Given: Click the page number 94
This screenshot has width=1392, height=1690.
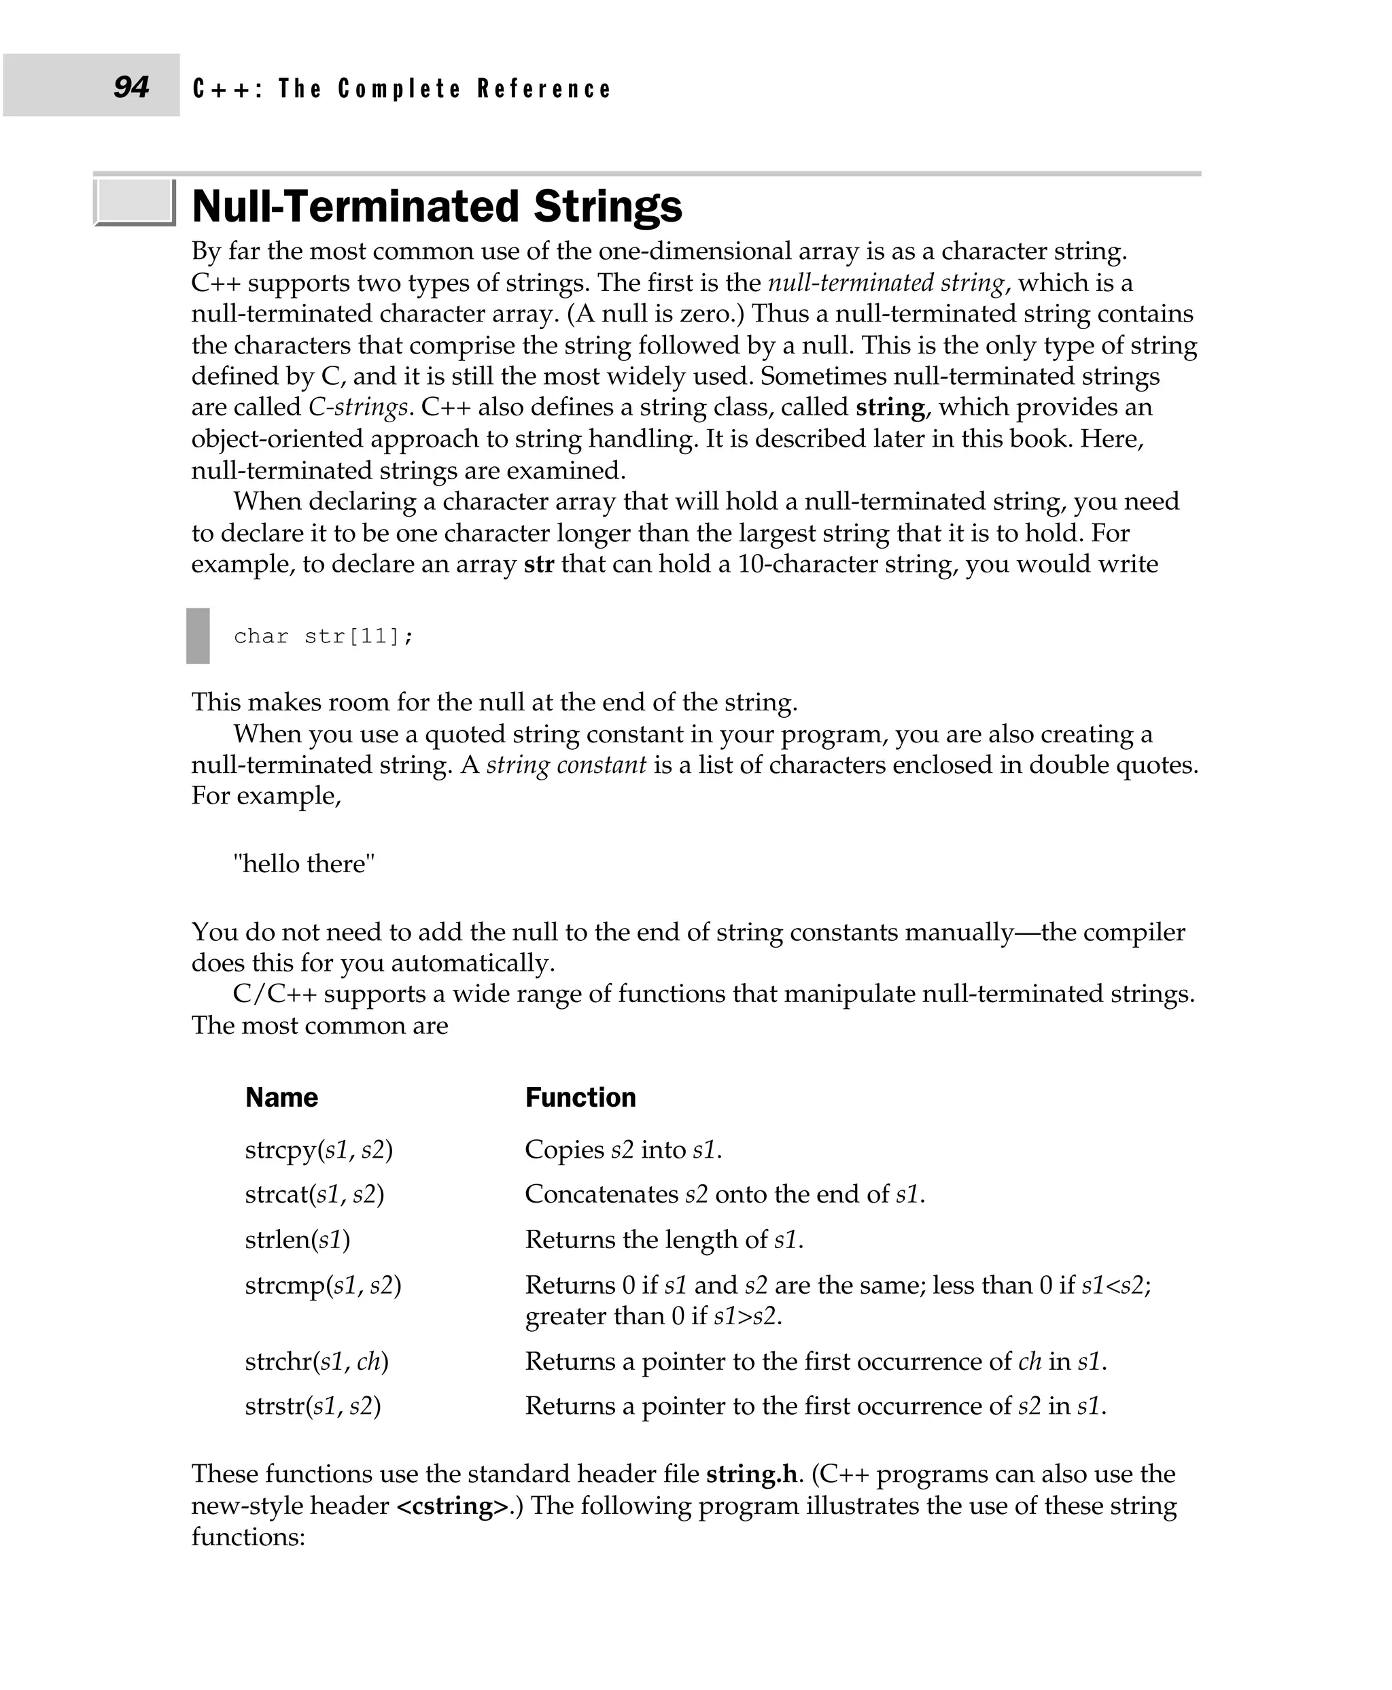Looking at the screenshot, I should coord(130,86).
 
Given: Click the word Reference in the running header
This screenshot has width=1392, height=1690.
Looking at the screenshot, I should coord(544,89).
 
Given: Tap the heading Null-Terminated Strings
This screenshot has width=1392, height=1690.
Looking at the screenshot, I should coord(437,206).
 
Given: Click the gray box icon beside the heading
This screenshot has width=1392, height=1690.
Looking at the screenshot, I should coord(134,202).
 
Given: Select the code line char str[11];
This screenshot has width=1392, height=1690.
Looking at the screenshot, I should coord(323,636).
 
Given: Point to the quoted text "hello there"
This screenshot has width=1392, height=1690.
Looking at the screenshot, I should coord(304,864).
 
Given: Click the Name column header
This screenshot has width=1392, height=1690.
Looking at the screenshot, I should coord(281,1097).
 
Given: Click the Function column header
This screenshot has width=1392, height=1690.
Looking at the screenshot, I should coord(580,1097).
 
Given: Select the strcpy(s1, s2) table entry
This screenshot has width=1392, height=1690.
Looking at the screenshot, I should coord(318,1150).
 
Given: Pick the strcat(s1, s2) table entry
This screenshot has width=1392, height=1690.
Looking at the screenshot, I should coord(314,1194).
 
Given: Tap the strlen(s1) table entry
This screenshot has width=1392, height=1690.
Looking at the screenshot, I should coord(298,1239).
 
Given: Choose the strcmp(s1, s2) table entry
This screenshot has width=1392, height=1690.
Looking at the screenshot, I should coord(322,1285).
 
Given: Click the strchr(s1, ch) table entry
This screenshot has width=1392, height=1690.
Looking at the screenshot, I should coord(316,1361).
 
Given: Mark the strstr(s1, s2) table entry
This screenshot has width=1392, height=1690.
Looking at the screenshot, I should coord(313,1406).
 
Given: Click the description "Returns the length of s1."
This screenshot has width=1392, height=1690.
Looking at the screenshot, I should coord(664,1239).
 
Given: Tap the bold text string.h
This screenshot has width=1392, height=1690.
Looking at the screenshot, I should coord(751,1473).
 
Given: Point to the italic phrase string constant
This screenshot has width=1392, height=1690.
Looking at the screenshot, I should coord(566,764).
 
